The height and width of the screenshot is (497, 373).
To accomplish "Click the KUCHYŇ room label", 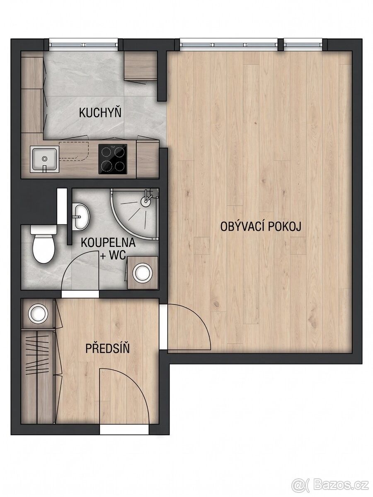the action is coord(100,113).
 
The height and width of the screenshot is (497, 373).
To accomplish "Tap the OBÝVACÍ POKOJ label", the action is coord(261,227).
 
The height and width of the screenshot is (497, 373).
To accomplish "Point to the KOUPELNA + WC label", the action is coord(108,248).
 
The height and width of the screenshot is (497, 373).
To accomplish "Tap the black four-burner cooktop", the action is coord(113,159).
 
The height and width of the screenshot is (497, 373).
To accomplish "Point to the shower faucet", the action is coord(147,198).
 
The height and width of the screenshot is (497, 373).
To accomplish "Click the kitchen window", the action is coord(84,44).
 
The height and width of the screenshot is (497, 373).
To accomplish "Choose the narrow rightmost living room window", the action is coord(303,44).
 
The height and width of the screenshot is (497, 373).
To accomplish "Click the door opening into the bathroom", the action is coord(80,294).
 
